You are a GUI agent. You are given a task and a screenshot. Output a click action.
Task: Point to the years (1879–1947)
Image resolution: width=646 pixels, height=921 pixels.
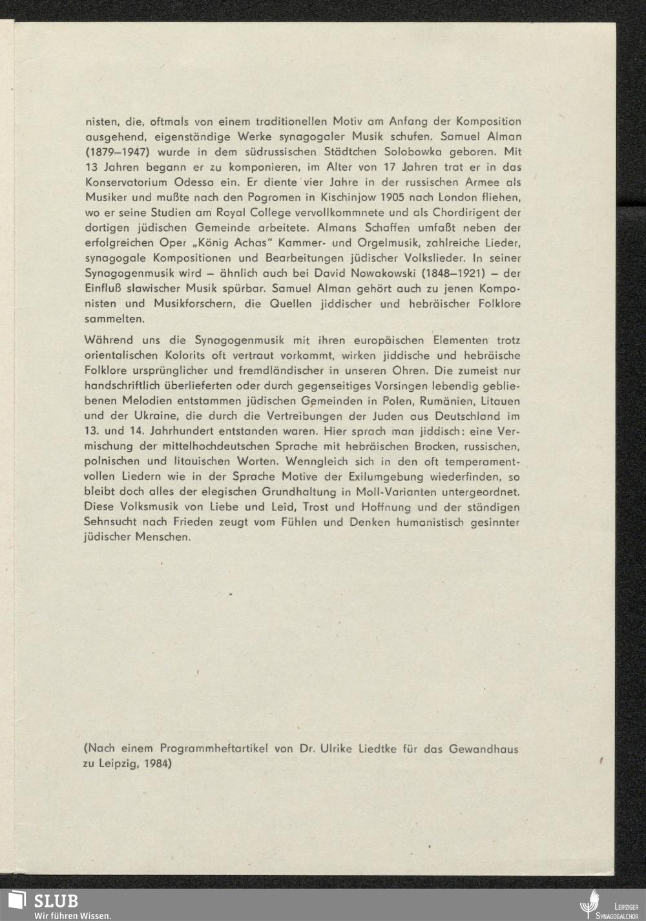coord(112,152)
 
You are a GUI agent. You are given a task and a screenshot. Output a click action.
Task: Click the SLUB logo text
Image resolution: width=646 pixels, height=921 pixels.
coord(56,900)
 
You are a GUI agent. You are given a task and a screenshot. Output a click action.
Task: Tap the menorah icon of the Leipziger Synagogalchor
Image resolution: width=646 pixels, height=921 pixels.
coord(588,904)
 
